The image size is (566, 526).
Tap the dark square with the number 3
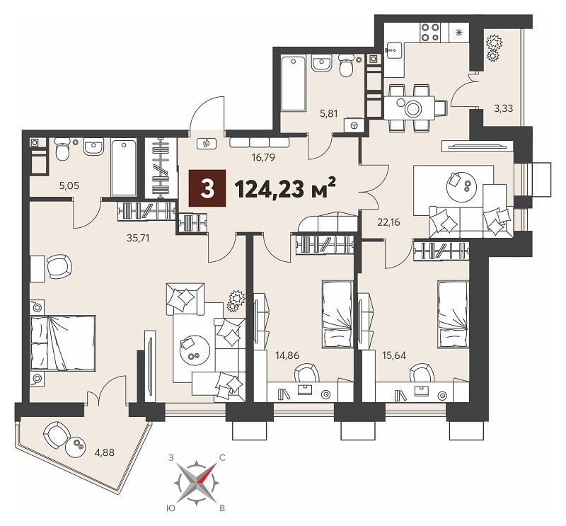tap(207, 188)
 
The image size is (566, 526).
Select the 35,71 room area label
tap(138, 238)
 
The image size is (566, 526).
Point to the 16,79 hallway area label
tap(264, 157)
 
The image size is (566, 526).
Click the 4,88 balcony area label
tap(103, 452)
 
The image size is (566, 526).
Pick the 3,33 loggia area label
tap(503, 108)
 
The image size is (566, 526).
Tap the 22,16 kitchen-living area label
tap(388, 222)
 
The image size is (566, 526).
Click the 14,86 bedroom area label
tap(287, 355)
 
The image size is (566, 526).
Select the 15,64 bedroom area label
tap(394, 355)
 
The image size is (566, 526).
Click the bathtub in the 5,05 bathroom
tap(124, 167)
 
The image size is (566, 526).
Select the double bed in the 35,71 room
tap(63, 343)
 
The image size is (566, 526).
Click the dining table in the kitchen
tap(409, 108)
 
